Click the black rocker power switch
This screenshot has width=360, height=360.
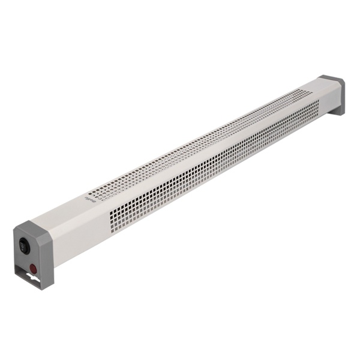pos(24,245)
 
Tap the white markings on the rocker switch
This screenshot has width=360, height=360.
pos(23,245)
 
